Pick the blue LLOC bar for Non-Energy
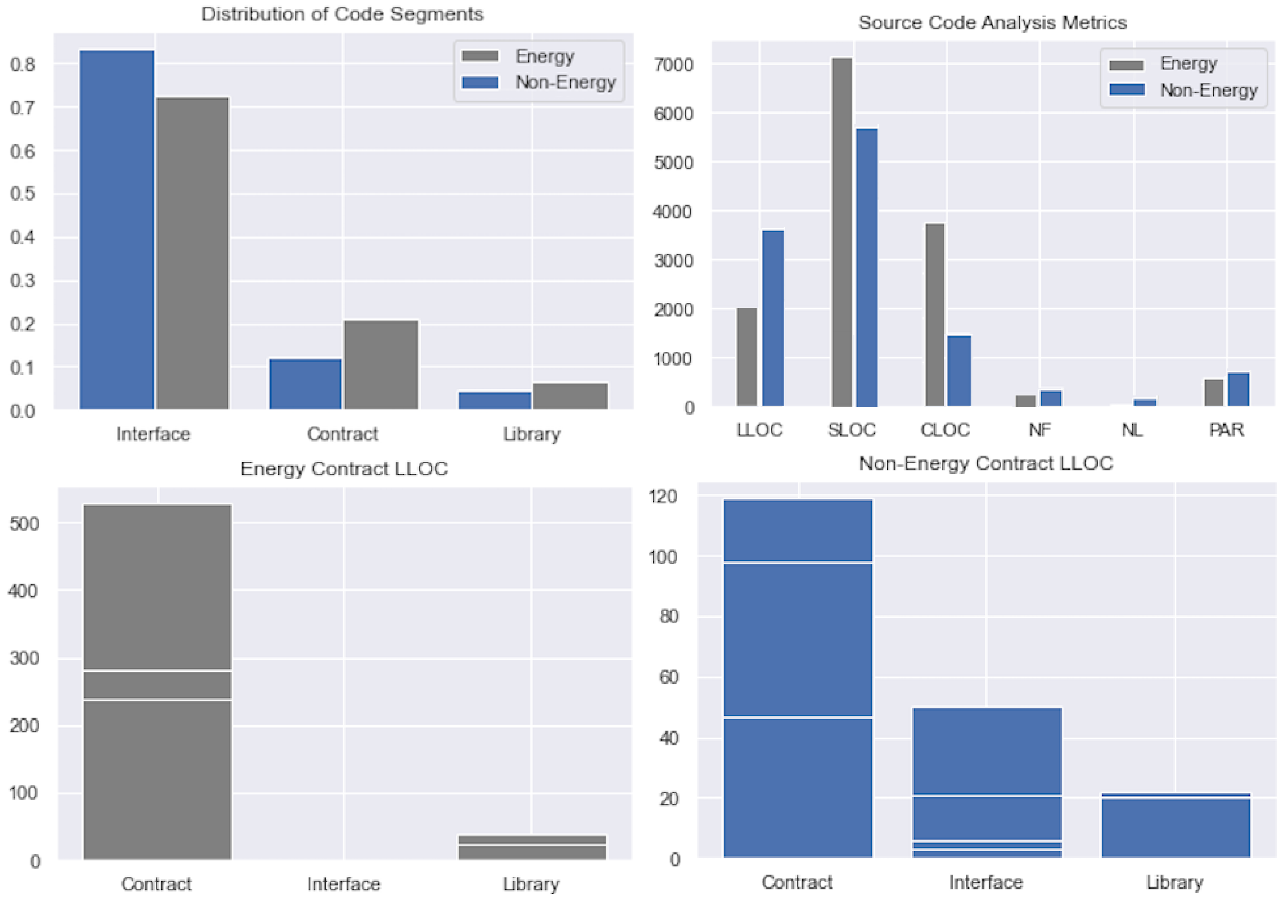tap(773, 318)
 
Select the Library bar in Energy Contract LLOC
tap(532, 847)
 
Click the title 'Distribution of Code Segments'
tap(342, 14)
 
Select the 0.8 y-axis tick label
tap(22, 65)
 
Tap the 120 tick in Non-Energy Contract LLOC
tap(663, 496)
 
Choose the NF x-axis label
tap(1039, 430)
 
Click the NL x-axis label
tap(1132, 430)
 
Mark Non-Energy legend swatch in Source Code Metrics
tap(1126, 90)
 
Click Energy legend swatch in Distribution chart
tap(480, 56)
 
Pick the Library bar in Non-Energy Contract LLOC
tap(1175, 825)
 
